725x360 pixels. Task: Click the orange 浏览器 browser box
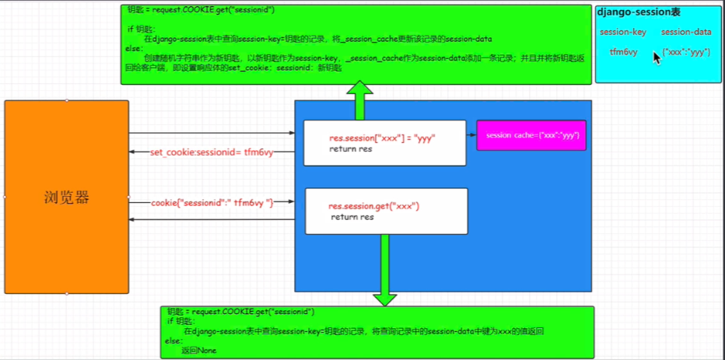[66, 197]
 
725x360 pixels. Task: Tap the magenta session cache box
[531, 135]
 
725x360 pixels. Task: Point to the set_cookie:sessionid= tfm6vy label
[211, 152]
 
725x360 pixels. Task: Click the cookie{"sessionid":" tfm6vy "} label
[212, 202]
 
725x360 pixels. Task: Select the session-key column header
[623, 32]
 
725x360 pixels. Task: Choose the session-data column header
[686, 32]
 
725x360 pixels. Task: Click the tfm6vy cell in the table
[623, 52]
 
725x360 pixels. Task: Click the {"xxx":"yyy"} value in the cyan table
[686, 52]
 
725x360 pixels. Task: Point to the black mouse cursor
[657, 58]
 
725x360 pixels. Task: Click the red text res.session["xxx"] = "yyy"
[382, 138]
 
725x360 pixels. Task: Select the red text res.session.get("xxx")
[374, 206]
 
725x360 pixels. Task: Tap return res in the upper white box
[351, 149]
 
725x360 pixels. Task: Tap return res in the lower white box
[352, 217]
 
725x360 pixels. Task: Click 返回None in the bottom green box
[199, 350]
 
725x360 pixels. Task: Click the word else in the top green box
[133, 49]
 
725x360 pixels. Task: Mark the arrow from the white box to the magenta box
[471, 135]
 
